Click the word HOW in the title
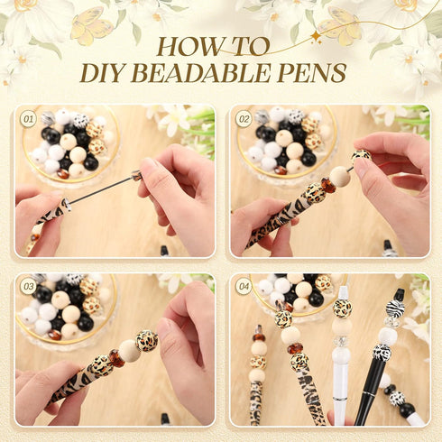tap(185, 48)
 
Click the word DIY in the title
tap(105, 74)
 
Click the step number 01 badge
tap(28, 118)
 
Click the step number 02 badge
tap(244, 118)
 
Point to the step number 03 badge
tap(28, 286)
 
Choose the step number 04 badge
tap(244, 286)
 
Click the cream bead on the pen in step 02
tap(340, 176)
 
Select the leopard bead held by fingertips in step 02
tap(361, 156)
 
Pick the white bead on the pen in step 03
tap(130, 351)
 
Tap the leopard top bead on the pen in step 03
tap(147, 340)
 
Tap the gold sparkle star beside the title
tap(315, 37)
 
